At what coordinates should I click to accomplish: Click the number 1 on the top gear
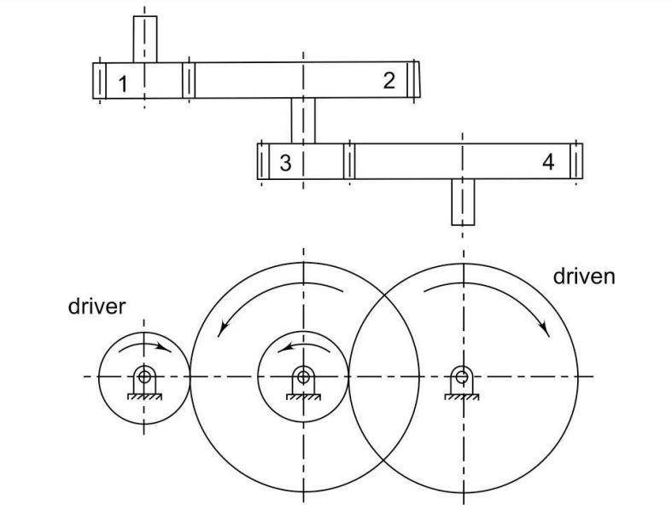pos(124,84)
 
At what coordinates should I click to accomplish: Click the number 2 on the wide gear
pos(389,81)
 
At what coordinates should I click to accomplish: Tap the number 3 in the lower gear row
pos(285,163)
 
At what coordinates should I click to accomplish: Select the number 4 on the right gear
pos(548,162)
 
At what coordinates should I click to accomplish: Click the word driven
pos(584,276)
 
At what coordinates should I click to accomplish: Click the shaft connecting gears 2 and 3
pos(302,120)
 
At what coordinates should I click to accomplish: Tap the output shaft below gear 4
pos(463,201)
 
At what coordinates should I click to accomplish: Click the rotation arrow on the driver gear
pos(145,345)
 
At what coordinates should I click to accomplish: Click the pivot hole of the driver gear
pos(144,375)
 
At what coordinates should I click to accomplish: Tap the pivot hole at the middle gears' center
pos(302,375)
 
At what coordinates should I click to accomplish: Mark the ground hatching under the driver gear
pos(144,395)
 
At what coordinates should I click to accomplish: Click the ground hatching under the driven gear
pos(462,395)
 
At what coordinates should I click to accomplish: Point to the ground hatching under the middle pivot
pos(302,396)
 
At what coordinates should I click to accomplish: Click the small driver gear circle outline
pos(99,375)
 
